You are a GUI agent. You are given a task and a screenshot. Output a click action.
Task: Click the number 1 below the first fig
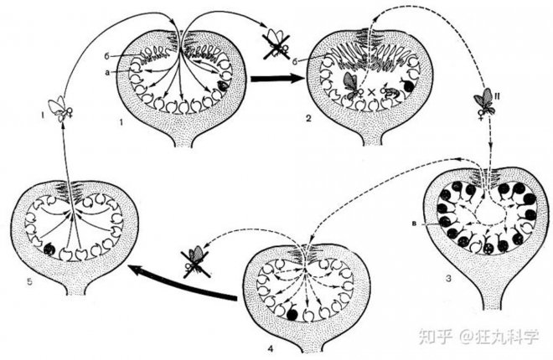click(x=121, y=122)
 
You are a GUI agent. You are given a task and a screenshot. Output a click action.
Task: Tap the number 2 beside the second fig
click(x=308, y=118)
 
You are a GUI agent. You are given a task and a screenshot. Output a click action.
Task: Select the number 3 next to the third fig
click(x=448, y=279)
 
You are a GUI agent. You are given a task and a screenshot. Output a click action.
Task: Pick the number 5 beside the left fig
click(x=30, y=282)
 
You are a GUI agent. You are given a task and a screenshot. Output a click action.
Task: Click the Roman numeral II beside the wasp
click(x=498, y=95)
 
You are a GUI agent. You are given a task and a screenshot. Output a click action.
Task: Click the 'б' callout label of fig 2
click(x=299, y=61)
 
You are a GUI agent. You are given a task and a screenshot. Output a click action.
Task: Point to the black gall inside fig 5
click(x=49, y=249)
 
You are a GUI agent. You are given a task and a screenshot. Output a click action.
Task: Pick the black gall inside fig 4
click(x=292, y=314)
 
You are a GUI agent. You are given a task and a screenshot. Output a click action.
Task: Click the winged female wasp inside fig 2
click(x=352, y=85)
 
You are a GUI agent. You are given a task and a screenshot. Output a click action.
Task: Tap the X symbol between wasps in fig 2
click(x=370, y=93)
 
